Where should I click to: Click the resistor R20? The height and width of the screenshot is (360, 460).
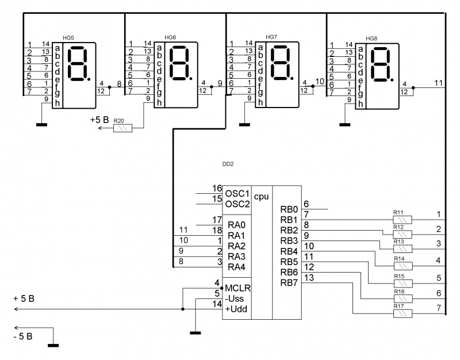pos(122,128)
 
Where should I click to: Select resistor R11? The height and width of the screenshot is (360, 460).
pos(402,220)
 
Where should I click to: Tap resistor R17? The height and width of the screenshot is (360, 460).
pos(402,313)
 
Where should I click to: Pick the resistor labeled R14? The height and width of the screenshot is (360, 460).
pos(402,266)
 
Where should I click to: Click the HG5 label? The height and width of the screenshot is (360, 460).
pos(68,38)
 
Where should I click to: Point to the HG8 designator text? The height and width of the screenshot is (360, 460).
pos(371,39)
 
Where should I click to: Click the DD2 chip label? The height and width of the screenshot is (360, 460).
pos(228,164)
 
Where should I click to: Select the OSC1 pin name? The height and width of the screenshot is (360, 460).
pos(237,194)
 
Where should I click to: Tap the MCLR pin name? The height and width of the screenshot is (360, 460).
pos(237,289)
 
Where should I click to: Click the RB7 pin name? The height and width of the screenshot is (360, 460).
pos(289,283)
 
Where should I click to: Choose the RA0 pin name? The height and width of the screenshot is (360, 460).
pos(236,225)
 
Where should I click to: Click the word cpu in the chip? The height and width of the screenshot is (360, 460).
pos(262,197)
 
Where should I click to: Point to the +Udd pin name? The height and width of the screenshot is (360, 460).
pos(236,309)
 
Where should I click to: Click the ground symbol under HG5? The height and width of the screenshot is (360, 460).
pos(41,125)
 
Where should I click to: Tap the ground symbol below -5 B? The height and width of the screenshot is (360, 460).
pos(53,346)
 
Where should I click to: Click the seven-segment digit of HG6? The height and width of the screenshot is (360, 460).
pos(179,63)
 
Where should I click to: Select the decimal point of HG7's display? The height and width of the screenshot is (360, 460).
pos(292,78)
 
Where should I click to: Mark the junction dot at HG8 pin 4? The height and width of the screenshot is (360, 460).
pos(413,88)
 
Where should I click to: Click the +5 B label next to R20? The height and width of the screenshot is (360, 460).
pos(99,120)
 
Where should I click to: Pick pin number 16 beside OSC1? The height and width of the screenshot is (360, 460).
pos(217,189)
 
